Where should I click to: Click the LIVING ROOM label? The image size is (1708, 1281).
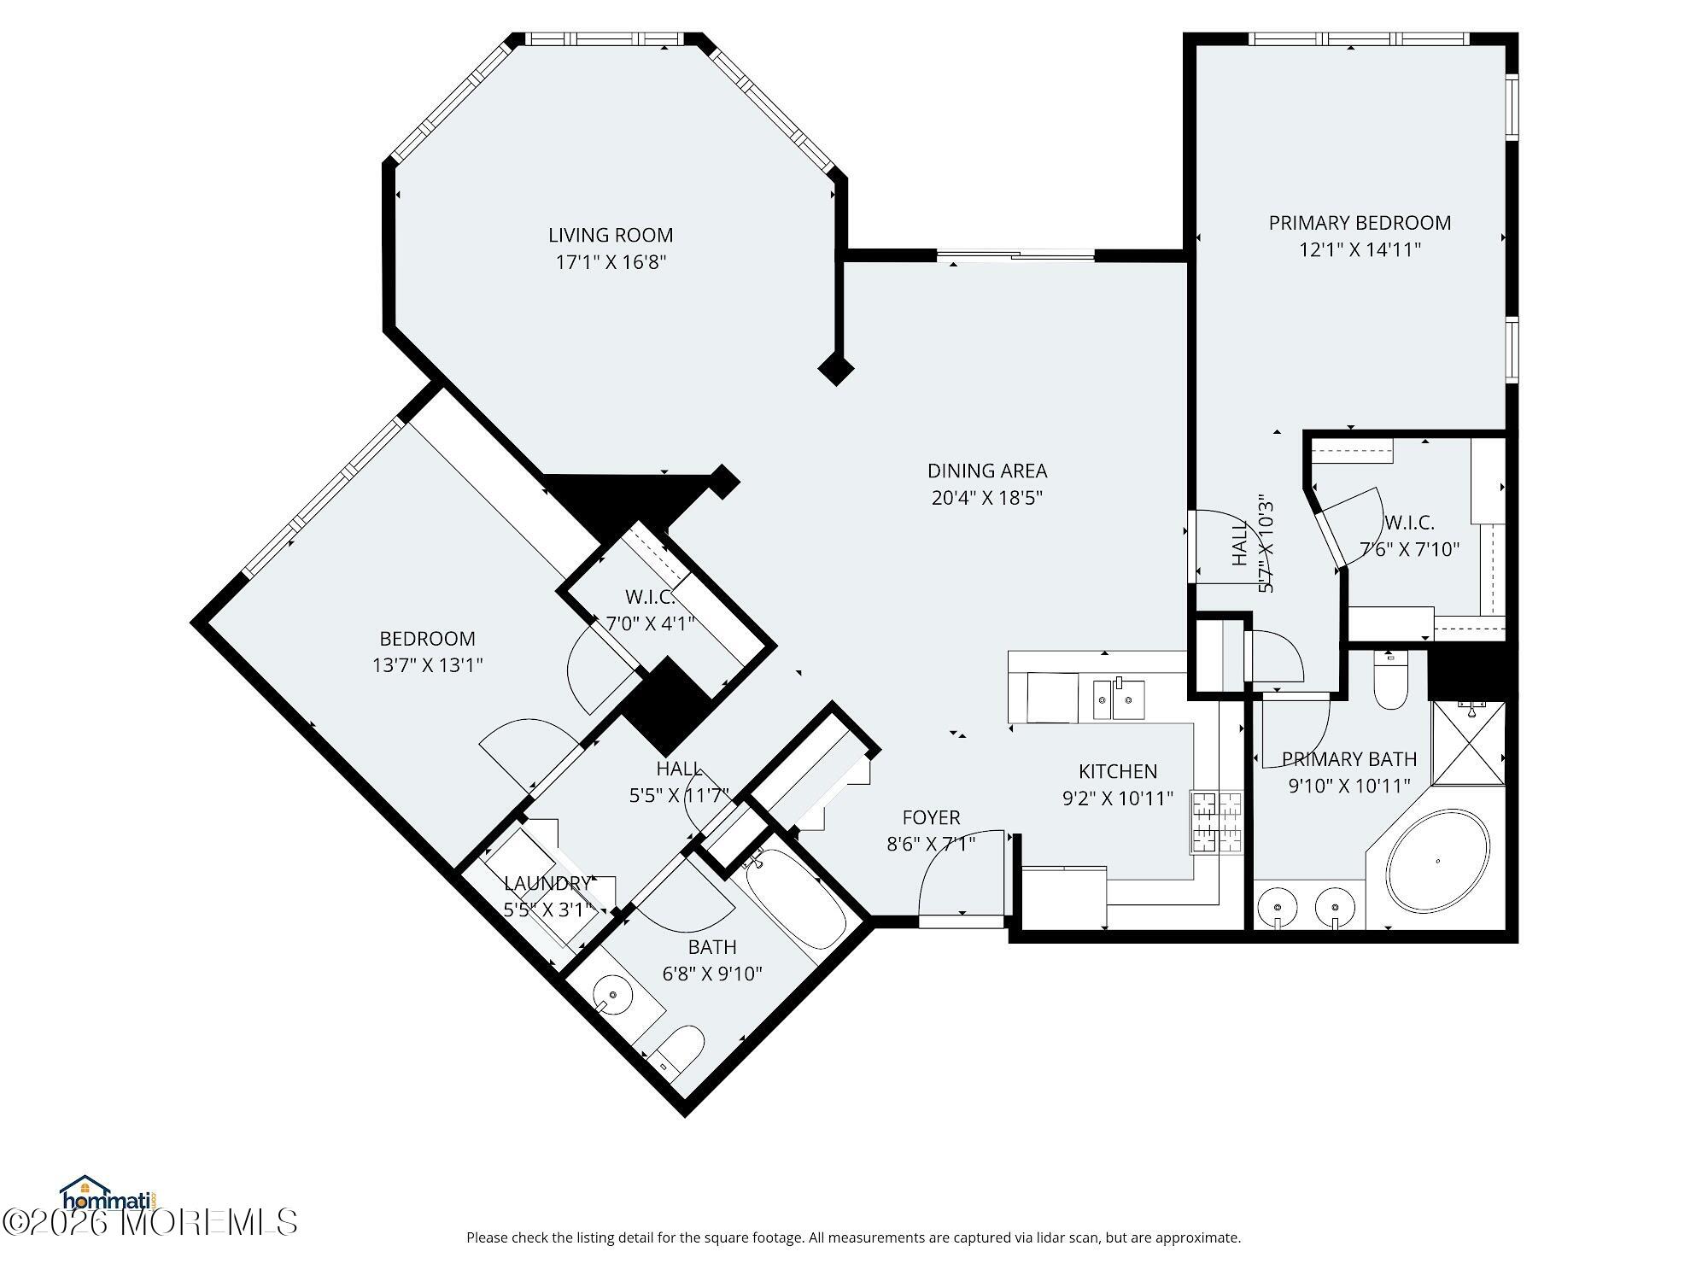click(x=611, y=235)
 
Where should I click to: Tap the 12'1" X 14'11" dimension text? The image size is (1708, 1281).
click(x=1360, y=250)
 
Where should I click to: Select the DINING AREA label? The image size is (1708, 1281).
click(x=987, y=471)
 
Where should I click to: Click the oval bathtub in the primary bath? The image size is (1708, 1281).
click(x=1438, y=861)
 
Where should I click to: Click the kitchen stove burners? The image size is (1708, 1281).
click(x=1217, y=822)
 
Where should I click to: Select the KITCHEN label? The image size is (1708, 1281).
click(x=1118, y=772)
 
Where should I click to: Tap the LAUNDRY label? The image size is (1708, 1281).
click(x=547, y=883)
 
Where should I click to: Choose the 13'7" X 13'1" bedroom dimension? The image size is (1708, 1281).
click(x=428, y=665)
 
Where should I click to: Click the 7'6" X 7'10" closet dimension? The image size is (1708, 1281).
click(x=1410, y=549)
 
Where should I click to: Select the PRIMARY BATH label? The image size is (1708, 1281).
click(x=1349, y=759)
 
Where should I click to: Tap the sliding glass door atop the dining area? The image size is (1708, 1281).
click(x=1015, y=254)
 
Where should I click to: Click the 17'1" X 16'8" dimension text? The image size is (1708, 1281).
click(x=611, y=262)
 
